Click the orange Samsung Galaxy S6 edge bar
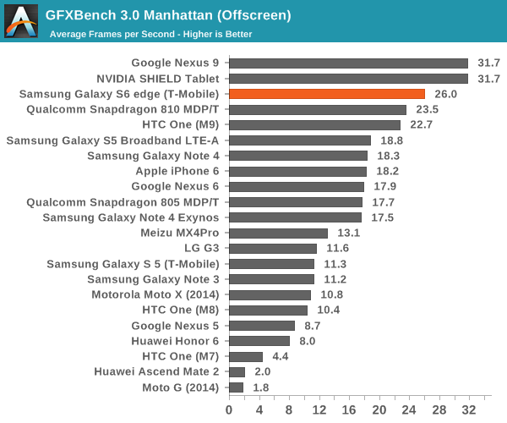pos(326,94)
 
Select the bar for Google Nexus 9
pos(348,63)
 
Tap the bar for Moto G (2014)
pos(236,387)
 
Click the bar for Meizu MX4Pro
pos(278,233)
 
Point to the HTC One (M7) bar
pos(246,356)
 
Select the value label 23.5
pos(425,109)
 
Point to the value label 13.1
pos(346,233)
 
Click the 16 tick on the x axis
pos(349,409)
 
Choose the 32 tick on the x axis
pos(470,409)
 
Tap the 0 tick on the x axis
pos(229,409)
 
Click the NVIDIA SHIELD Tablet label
pos(161,79)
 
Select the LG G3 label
pos(201,249)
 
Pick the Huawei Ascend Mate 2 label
pos(156,371)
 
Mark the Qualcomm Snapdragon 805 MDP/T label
pos(123,202)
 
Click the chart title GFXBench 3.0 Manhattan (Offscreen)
pos(168,15)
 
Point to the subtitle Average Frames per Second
pos(150,35)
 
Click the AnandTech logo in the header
pos(20,21)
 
